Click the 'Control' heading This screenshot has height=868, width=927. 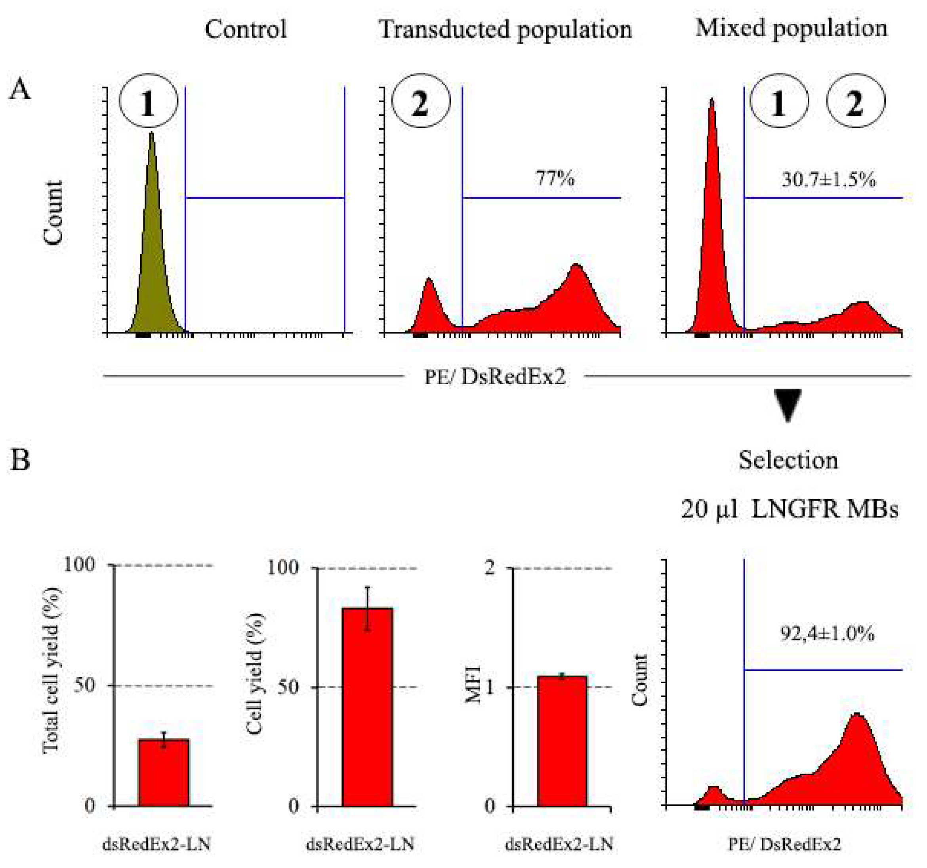246,29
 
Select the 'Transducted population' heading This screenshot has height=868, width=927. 505,29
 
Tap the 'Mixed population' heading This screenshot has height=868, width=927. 791,28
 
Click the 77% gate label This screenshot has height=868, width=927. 555,179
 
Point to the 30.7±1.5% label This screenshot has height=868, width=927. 829,180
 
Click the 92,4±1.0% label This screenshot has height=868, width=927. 827,633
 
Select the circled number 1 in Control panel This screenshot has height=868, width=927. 148,101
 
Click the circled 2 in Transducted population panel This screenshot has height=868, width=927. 421,101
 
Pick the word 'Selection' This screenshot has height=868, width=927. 788,461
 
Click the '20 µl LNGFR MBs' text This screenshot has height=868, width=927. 790,509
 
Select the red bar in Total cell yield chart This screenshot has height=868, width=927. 164,772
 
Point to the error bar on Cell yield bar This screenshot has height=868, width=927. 368,609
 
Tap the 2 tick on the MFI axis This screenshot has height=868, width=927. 490,568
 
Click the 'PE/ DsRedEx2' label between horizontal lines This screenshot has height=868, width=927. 494,377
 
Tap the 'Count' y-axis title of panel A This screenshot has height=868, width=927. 53,212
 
